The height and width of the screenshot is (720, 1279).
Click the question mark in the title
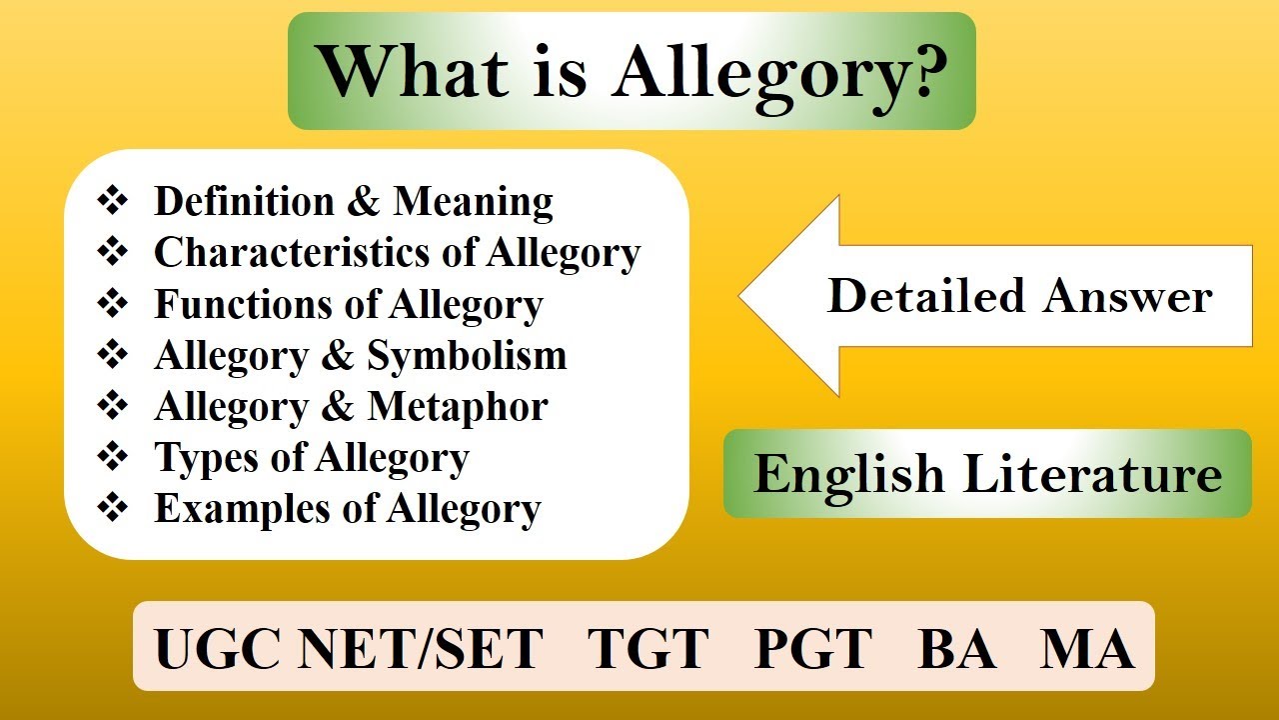click(922, 72)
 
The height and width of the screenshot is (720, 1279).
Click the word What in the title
click(414, 72)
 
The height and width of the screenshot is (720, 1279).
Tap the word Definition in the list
click(244, 202)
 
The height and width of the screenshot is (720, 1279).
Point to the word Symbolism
click(467, 356)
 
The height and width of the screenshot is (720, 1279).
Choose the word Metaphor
click(458, 407)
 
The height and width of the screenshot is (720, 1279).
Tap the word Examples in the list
click(242, 510)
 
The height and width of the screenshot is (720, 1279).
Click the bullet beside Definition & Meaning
click(113, 201)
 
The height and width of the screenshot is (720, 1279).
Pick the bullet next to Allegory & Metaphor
click(113, 405)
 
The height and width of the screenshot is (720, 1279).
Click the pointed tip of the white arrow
click(739, 296)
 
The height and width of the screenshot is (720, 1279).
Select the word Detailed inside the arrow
click(925, 296)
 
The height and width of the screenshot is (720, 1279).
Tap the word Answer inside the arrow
click(1128, 297)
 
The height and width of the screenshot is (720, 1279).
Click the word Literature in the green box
click(1092, 473)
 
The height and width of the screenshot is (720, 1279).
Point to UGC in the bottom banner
click(218, 648)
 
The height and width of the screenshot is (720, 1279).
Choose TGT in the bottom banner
click(648, 648)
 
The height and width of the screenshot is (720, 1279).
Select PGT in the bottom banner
click(813, 648)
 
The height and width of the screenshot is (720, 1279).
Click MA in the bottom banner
click(1087, 648)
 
